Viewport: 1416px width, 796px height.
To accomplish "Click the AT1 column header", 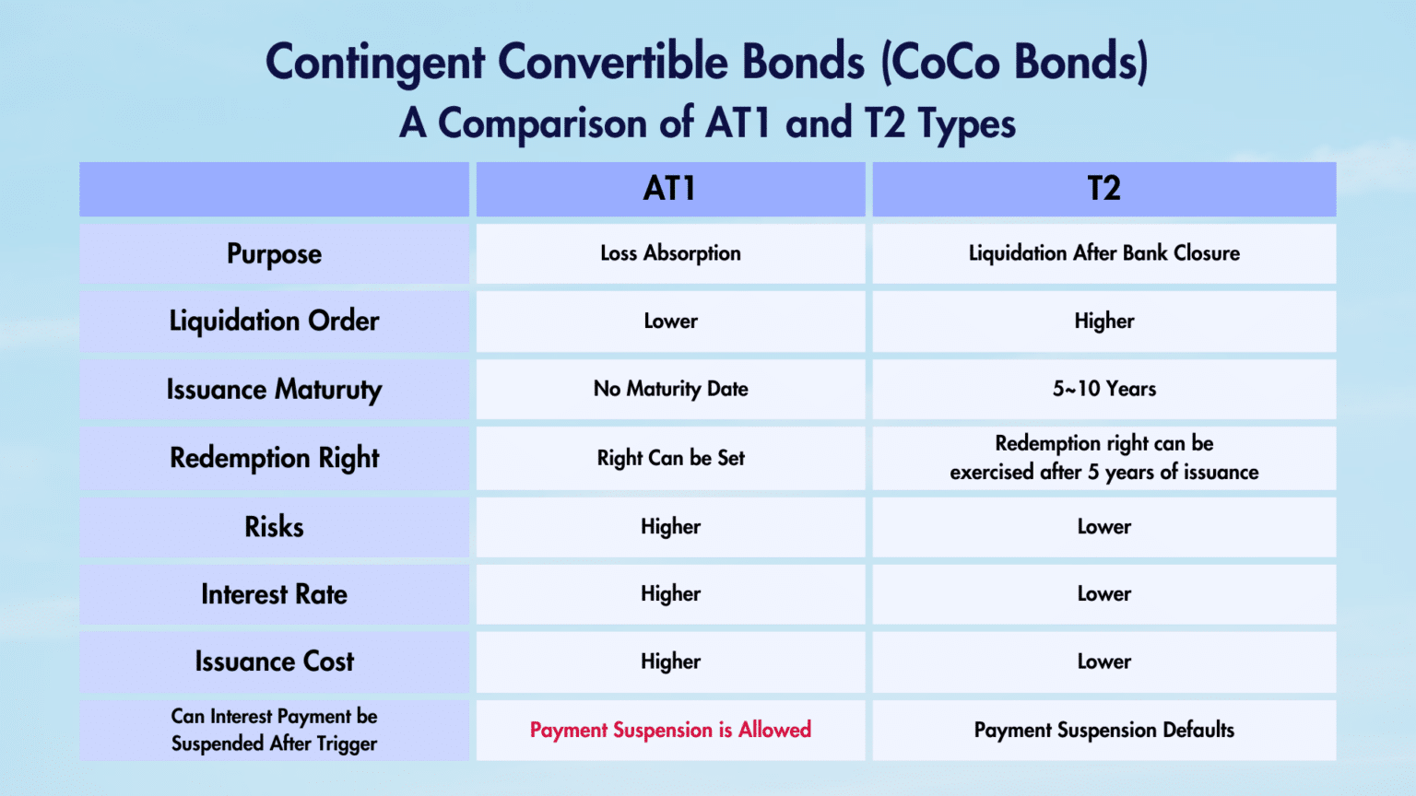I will point(670,189).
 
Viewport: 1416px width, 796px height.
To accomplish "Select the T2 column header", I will point(1103,189).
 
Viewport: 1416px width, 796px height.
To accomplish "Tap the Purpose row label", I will point(274,254).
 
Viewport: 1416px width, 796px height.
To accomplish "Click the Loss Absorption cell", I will point(670,253).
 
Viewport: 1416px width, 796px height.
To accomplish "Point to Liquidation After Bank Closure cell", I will point(1103,253).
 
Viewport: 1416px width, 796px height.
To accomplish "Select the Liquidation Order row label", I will point(274,322).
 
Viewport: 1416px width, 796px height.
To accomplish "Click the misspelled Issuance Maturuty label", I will point(274,390).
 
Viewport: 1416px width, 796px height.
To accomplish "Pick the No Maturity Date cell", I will point(670,389).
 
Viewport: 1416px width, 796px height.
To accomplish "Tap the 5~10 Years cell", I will point(1103,389).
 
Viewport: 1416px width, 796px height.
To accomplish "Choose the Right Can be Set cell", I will point(670,458).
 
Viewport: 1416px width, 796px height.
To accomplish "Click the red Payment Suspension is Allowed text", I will point(670,730).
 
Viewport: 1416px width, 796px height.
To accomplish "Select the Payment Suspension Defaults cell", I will point(1103,730).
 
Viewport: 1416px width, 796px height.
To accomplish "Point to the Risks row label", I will point(274,527).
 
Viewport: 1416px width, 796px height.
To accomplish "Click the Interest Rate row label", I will point(274,594).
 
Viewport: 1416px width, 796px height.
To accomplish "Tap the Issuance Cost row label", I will point(274,661).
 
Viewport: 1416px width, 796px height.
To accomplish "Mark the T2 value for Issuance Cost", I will point(1103,661).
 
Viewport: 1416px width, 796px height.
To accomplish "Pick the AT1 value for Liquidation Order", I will point(670,322).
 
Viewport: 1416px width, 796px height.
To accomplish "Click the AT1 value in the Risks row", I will point(670,527).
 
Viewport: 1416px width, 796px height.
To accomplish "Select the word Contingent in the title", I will point(374,63).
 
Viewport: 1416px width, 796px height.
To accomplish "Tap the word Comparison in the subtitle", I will point(542,123).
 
